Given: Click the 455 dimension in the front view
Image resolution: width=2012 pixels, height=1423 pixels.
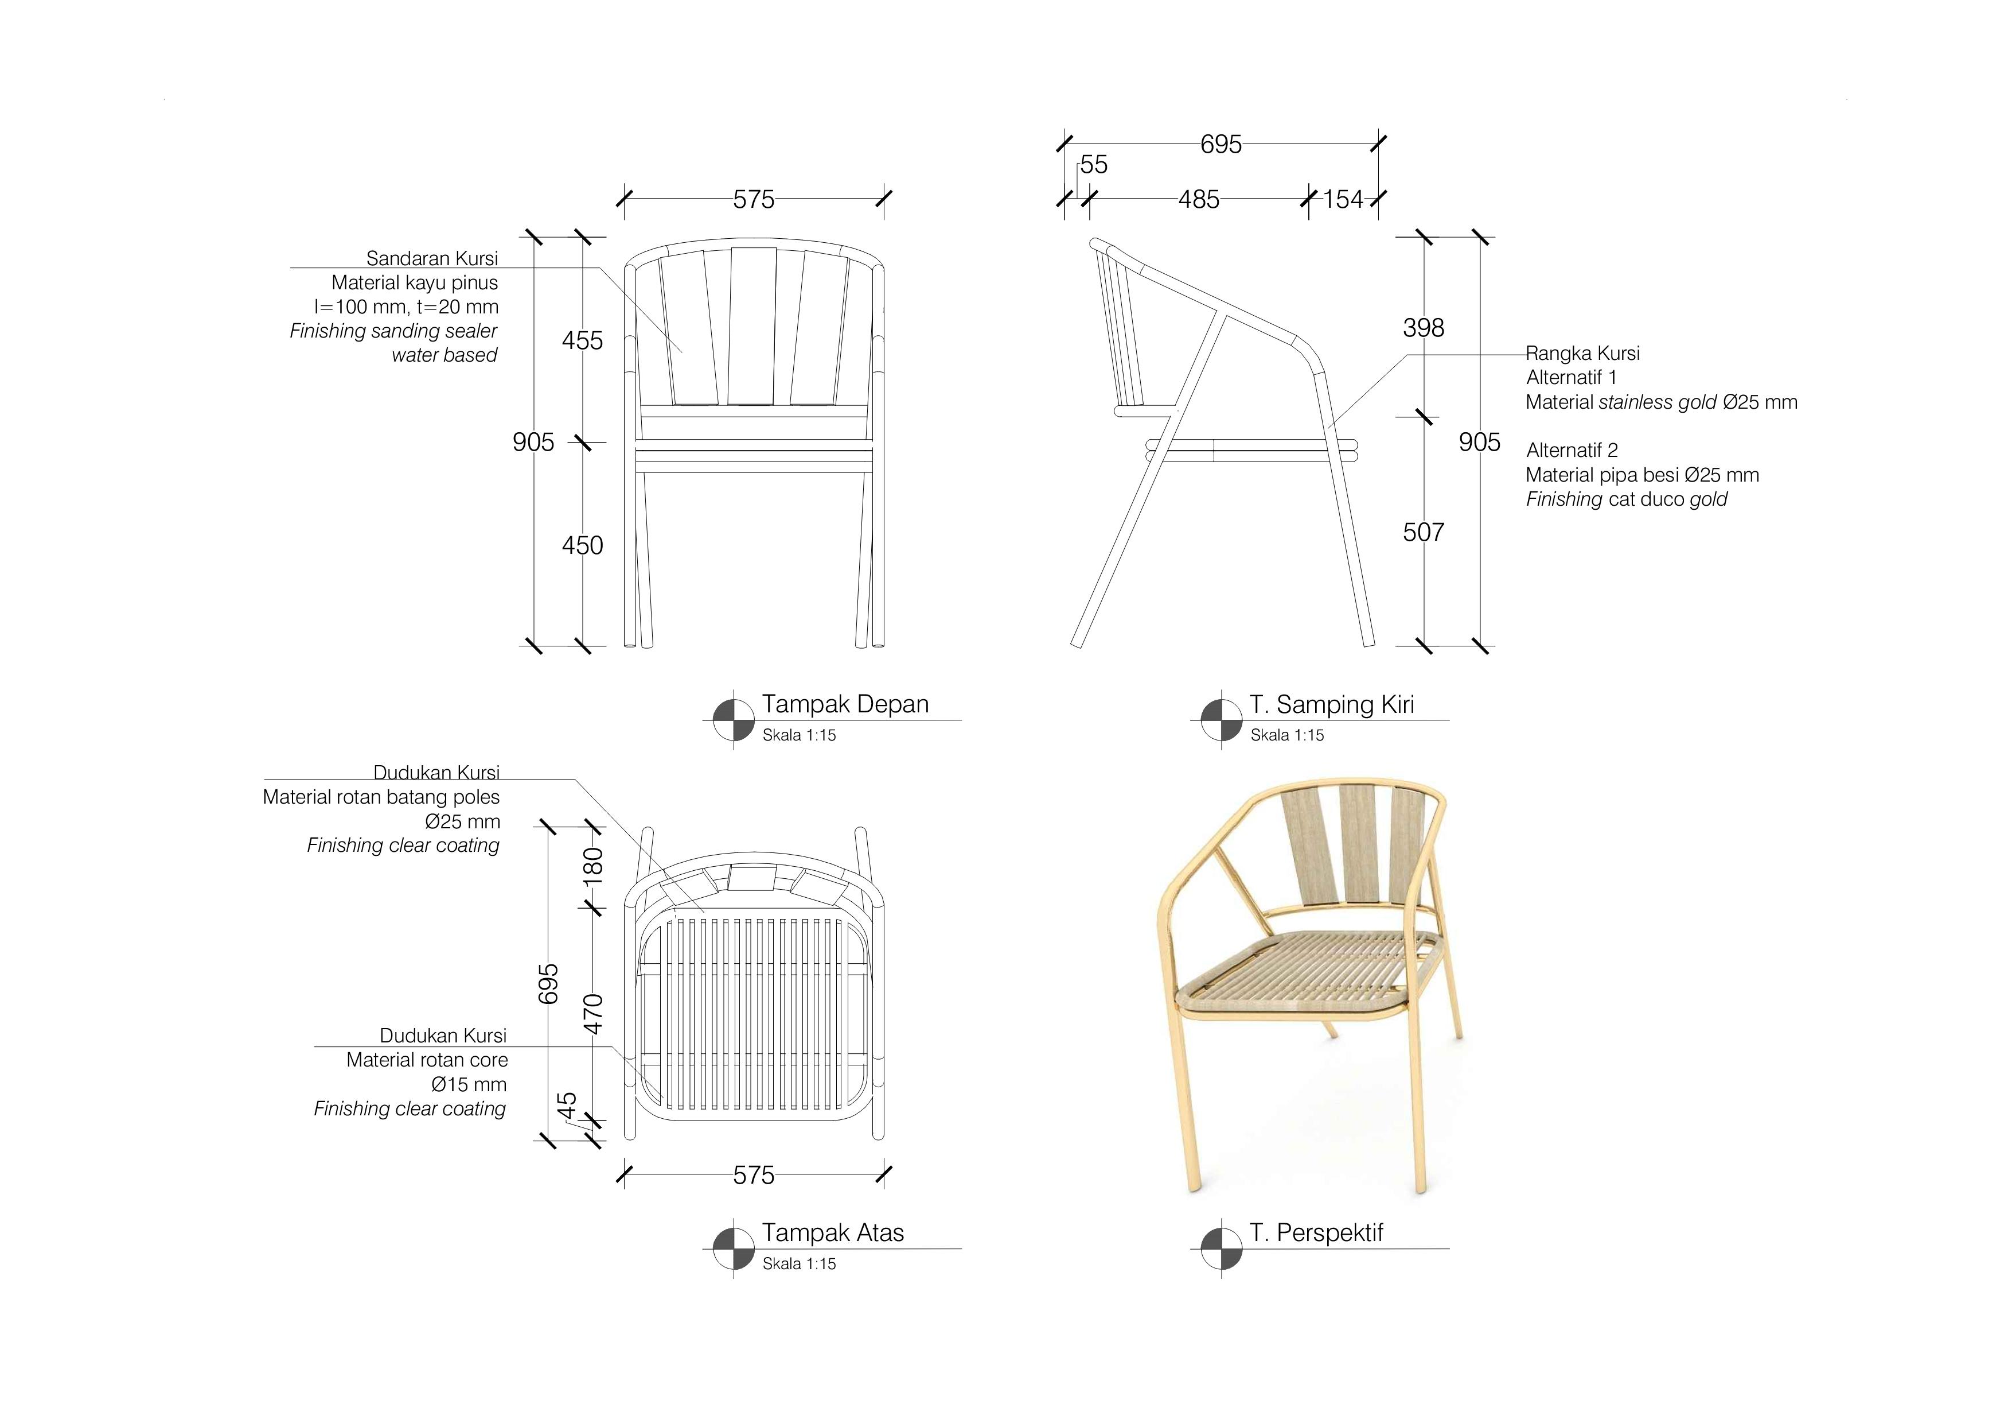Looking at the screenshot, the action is click(583, 340).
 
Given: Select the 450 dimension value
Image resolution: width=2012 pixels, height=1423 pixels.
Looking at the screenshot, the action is click(583, 545).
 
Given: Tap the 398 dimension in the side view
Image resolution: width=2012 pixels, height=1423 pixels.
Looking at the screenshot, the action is click(1423, 328).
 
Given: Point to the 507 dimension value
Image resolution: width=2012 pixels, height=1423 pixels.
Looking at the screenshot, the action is click(1423, 532).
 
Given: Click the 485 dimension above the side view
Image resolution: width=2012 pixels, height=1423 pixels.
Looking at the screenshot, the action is click(1199, 200).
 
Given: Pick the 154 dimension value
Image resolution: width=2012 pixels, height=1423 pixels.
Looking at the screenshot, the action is click(1343, 200).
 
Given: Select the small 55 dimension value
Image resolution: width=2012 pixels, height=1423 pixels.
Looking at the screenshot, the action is click(1094, 165).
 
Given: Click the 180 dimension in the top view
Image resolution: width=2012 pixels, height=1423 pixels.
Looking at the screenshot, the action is click(593, 866).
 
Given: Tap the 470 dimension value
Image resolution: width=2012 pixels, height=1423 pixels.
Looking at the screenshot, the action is click(593, 1014).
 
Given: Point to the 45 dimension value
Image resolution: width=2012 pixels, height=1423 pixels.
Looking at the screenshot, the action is click(567, 1105).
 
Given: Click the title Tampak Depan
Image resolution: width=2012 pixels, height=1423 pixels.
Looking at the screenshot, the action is click(845, 704).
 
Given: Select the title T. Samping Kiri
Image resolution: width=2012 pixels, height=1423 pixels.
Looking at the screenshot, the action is click(1332, 705).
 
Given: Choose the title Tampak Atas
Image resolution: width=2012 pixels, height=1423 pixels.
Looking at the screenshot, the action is click(832, 1233).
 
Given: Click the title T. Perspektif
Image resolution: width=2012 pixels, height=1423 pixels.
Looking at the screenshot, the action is click(1316, 1233).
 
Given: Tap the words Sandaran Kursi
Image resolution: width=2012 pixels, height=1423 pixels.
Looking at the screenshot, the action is click(432, 259).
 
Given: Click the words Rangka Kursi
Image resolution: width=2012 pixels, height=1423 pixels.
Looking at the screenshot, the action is click(1582, 354).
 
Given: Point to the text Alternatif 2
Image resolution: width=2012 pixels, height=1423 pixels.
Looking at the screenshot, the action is click(1572, 451).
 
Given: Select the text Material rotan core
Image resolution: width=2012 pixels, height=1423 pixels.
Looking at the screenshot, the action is click(427, 1060).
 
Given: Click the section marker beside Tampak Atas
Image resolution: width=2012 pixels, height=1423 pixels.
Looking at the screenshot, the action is click(734, 1248).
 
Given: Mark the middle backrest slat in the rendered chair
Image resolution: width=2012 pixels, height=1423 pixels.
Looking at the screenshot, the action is click(1359, 843).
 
